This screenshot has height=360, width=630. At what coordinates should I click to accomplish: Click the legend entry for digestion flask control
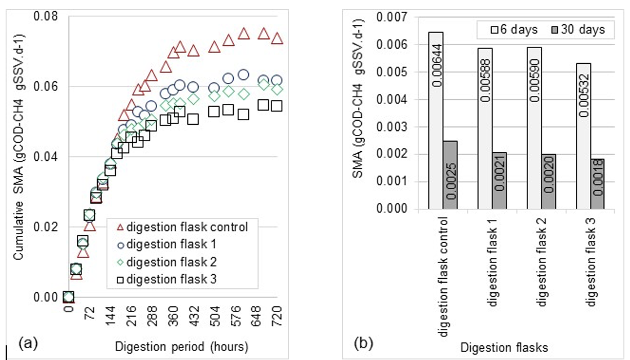pos(180,227)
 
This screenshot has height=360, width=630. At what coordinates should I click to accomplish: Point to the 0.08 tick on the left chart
pos(48,16)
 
